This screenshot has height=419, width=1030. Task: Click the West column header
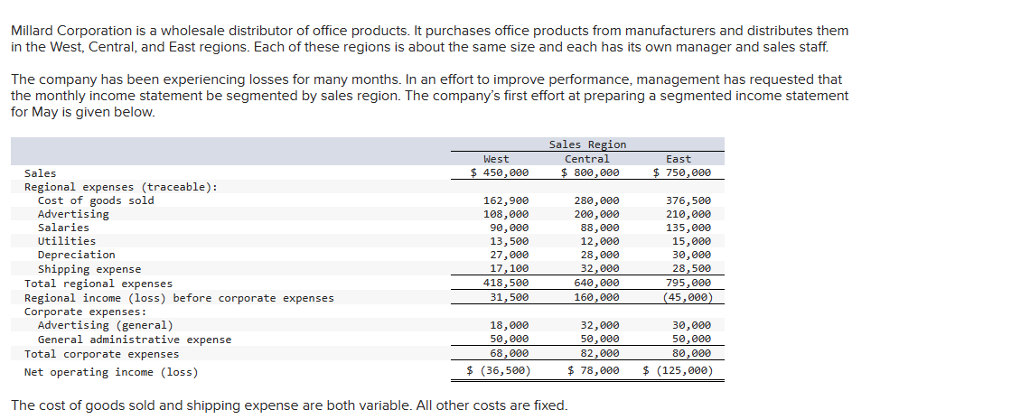coord(496,159)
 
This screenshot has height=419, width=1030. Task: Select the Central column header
coord(586,159)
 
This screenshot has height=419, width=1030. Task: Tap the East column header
coord(678,159)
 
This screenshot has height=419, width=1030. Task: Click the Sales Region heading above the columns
coord(586,144)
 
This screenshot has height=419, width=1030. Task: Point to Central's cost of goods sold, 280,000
coord(596,200)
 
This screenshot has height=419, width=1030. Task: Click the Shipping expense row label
coord(89,269)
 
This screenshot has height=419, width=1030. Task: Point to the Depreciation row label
coord(76,255)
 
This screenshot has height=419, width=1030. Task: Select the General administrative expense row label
coord(134,340)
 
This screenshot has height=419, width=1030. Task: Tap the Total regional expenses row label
coord(98,284)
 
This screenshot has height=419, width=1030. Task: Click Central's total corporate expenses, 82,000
coord(600,354)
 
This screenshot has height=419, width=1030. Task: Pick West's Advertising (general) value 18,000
coord(510,325)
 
